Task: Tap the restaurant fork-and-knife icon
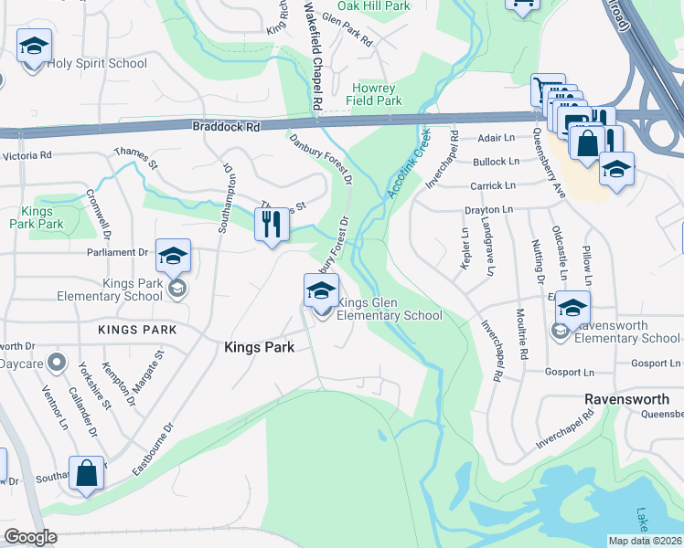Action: [271, 224]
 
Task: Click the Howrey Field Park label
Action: [376, 94]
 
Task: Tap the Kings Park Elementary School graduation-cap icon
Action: [172, 257]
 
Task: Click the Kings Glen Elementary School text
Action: [390, 309]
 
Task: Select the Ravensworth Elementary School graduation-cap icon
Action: [572, 310]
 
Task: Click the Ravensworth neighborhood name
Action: [626, 400]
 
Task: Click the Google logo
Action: [30, 537]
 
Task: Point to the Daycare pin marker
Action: [57, 363]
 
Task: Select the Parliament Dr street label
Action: [117, 252]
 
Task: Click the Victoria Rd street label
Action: [27, 156]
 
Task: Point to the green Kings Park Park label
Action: [37, 216]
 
